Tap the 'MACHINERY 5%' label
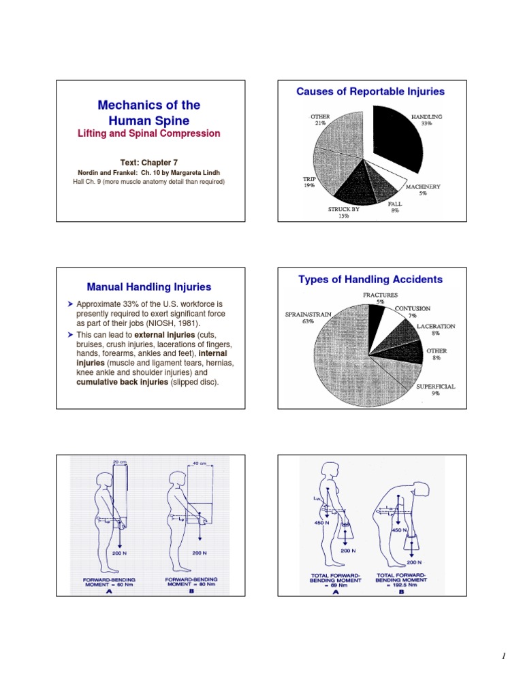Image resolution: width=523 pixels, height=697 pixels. pyautogui.click(x=424, y=190)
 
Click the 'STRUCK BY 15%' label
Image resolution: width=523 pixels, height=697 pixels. pyautogui.click(x=343, y=212)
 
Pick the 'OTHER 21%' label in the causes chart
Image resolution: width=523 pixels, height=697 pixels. pyautogui.click(x=320, y=120)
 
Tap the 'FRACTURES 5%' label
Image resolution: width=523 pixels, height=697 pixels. pyautogui.click(x=380, y=298)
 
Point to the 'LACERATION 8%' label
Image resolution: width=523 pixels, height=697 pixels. pyautogui.click(x=436, y=329)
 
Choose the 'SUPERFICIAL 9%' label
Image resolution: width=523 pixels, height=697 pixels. pyautogui.click(x=436, y=389)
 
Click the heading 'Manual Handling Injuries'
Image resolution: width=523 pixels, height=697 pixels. pyautogui.click(x=149, y=287)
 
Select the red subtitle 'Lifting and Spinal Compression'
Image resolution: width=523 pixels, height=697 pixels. pyautogui.click(x=149, y=133)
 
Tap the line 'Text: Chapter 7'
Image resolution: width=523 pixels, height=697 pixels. pyautogui.click(x=148, y=163)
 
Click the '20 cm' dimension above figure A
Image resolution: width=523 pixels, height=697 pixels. pyautogui.click(x=119, y=461)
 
